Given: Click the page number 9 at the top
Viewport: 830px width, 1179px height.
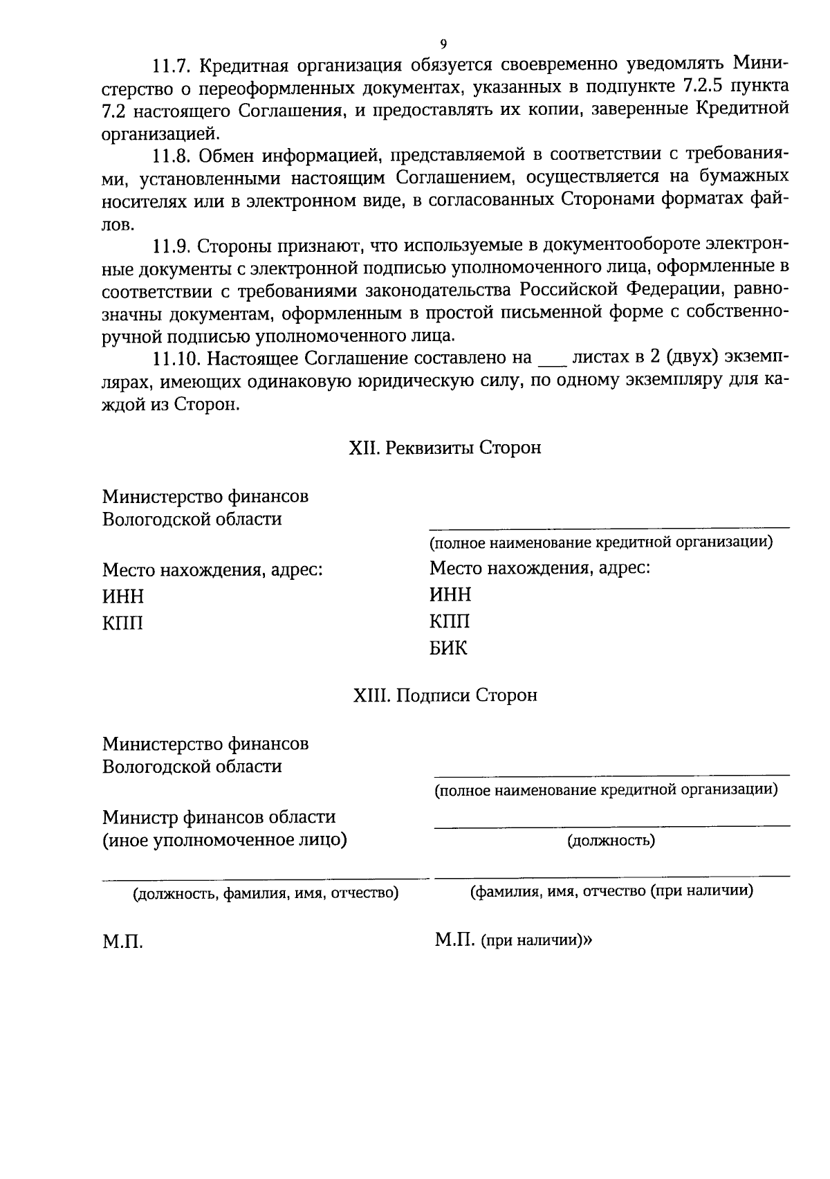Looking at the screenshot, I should [x=443, y=44].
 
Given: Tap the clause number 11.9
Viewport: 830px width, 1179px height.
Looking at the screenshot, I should [x=173, y=246].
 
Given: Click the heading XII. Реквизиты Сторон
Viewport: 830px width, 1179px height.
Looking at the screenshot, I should [x=444, y=448].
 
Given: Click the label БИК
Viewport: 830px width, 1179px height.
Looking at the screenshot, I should [x=448, y=649].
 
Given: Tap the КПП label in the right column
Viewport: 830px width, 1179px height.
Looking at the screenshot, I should [x=450, y=621].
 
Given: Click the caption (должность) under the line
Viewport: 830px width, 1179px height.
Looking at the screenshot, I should [x=611, y=841].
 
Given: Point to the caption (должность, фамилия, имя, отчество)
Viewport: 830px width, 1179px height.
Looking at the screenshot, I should [x=266, y=893].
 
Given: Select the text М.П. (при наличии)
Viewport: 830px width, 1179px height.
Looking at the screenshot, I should [x=513, y=941].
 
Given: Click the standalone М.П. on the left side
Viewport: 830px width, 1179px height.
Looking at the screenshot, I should [x=122, y=942].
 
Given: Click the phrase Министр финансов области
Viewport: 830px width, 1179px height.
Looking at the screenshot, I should [x=219, y=817].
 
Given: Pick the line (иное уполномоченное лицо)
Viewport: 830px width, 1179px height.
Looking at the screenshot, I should [x=224, y=840].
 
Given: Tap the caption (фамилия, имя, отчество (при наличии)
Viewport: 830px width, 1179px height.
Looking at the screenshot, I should [x=611, y=891].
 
